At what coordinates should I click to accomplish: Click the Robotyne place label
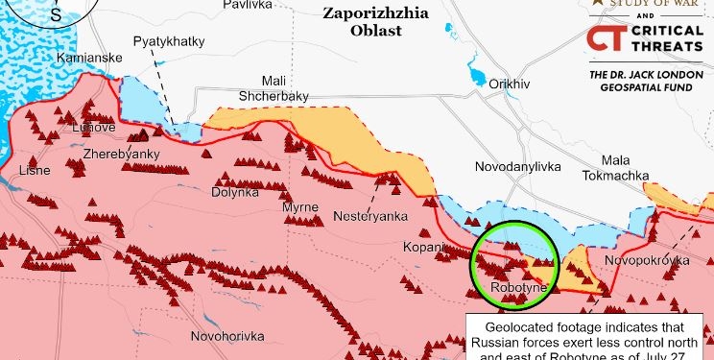[518, 287]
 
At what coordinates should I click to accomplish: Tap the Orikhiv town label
[509, 84]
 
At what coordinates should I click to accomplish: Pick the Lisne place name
[36, 171]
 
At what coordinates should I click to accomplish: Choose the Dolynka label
[235, 192]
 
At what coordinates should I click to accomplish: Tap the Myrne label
[299, 207]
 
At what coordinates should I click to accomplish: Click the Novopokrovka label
[648, 261]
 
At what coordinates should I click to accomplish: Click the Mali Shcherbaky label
[273, 88]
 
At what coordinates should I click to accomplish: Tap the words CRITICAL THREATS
[668, 39]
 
